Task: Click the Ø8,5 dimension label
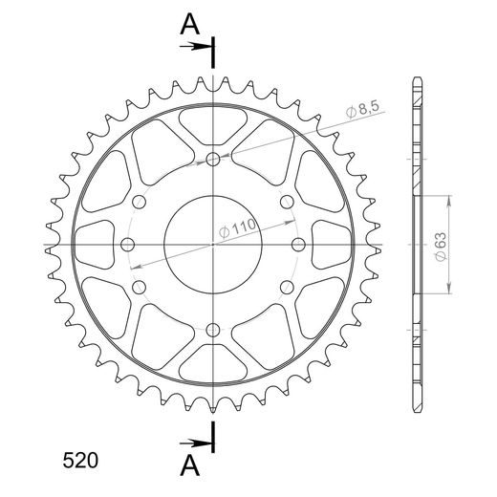coord(362,109)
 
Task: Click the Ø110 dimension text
coord(237,228)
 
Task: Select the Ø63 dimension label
coord(442,247)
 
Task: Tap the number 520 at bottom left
coord(80,461)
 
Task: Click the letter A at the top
coord(190,25)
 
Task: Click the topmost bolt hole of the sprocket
coord(213,160)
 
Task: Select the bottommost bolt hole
coord(213,330)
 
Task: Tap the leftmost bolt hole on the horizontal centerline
coord(128,245)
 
